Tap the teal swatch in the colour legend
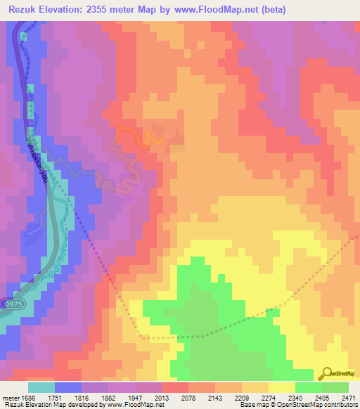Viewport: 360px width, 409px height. [41, 387]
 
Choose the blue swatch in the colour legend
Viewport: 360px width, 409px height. [67, 387]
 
